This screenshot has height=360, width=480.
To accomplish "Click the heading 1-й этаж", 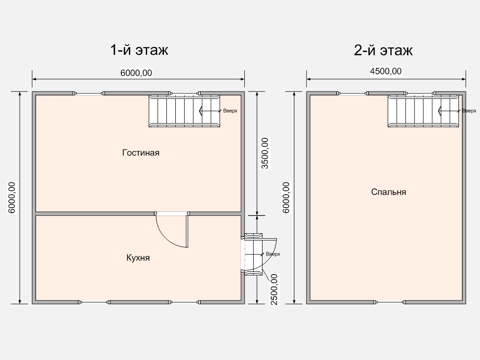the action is [139, 50].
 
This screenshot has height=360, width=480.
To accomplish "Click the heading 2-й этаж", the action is [383, 50].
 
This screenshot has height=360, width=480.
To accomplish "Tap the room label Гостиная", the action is [141, 152].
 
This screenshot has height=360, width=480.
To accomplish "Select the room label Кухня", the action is [138, 257].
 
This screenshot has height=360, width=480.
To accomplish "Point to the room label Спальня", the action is [389, 192].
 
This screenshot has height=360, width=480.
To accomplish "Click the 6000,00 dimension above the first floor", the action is [136, 73].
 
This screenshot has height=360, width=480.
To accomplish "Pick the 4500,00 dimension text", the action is [386, 71].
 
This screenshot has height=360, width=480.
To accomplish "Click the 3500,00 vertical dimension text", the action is [265, 153].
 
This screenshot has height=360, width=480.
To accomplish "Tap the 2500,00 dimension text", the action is [274, 289].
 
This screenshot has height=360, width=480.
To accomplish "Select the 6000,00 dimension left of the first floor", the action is [12, 197].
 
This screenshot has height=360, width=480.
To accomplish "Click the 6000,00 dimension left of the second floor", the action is [286, 197].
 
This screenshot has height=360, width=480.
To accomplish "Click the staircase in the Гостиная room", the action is [184, 111].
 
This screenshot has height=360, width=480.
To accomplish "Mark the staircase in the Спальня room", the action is [423, 111].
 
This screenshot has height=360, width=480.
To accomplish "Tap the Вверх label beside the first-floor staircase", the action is [230, 111].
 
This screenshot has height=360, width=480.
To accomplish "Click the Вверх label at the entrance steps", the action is [273, 254].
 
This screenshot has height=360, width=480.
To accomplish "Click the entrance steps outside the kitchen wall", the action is [254, 255].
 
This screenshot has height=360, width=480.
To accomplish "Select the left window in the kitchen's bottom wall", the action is [94, 302].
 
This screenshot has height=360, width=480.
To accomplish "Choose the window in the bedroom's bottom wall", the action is [390, 302].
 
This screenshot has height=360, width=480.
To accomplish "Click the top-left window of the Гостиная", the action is [89, 93].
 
